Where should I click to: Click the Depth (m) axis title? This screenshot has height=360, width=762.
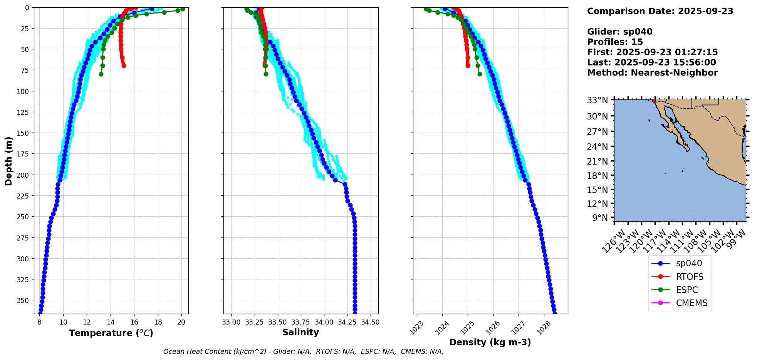pos(8,161)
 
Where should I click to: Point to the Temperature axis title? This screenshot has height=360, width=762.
pos(111,333)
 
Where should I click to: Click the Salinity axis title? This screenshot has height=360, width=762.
pos(300,332)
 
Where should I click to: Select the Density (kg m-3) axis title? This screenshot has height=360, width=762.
pos(490,342)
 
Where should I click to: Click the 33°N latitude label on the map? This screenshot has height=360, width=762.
pos(597,100)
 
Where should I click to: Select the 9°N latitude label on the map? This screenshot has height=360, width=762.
pos(599,218)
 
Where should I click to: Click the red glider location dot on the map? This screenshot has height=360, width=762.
pos(654,100)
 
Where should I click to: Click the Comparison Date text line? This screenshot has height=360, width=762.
pos(660,11)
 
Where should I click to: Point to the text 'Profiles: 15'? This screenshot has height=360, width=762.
pos(615,42)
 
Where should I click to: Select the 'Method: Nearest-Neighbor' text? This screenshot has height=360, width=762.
pos(652,73)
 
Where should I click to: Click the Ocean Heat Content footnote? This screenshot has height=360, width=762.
pos(303,352)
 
